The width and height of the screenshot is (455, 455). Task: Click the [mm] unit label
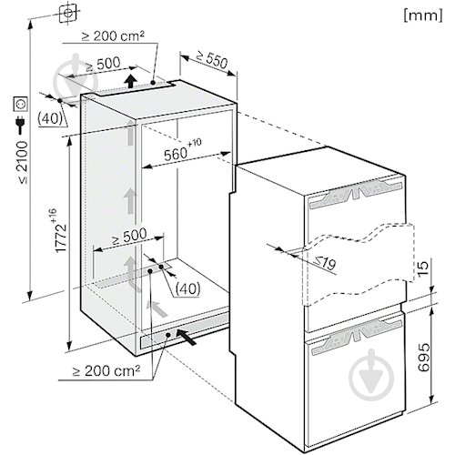(x=423, y=15)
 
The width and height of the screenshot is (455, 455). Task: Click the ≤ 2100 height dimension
(x=23, y=162)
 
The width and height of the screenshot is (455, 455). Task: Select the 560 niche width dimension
(x=176, y=154)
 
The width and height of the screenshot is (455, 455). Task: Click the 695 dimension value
(x=424, y=357)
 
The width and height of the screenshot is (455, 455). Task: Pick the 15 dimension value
(x=423, y=268)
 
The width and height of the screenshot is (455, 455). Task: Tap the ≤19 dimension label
(x=325, y=263)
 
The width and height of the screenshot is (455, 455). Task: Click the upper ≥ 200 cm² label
(x=113, y=36)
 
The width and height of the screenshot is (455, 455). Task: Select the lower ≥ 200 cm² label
(x=106, y=370)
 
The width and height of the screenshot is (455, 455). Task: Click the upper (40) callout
(x=50, y=118)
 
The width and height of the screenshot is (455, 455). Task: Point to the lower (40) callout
(x=188, y=288)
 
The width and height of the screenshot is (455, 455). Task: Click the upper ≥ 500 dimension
(x=103, y=64)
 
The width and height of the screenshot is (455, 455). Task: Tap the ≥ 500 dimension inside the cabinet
(x=129, y=236)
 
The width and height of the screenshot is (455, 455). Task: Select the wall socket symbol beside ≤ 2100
(x=21, y=104)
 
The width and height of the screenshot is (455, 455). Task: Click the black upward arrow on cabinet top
(x=131, y=81)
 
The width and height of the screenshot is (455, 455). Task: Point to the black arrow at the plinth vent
(x=186, y=336)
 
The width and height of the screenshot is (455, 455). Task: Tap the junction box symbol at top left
(x=68, y=14)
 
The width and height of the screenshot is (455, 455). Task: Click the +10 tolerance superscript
(x=195, y=143)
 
